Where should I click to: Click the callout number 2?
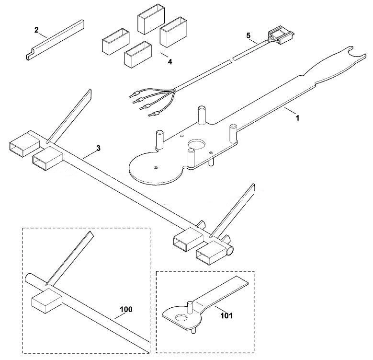point(36,30)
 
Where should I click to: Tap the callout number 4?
point(170,62)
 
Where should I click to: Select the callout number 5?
point(249,36)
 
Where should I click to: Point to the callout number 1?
point(297,117)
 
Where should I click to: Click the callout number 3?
point(98,148)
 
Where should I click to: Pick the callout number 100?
point(126,310)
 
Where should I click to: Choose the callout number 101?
point(226,316)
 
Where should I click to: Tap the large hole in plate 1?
point(196,144)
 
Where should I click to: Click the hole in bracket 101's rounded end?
point(181,318)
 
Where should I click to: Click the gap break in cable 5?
point(232,59)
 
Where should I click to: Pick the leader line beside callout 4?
point(164,55)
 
